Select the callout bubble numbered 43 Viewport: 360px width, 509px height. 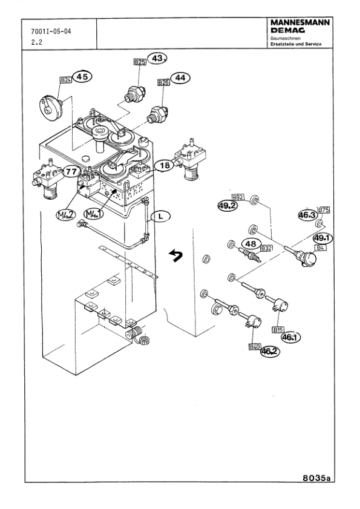[159, 59]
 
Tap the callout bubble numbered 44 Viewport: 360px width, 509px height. [180, 77]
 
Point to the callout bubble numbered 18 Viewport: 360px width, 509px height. [165, 165]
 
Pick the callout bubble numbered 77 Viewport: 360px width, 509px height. [71, 171]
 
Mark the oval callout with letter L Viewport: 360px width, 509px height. [160, 215]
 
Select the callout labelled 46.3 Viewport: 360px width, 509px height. [307, 215]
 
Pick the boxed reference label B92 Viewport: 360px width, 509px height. [238, 197]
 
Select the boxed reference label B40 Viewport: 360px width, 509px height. [255, 346]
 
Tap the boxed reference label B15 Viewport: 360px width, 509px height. [278, 330]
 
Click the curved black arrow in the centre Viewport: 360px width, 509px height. [175, 256]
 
